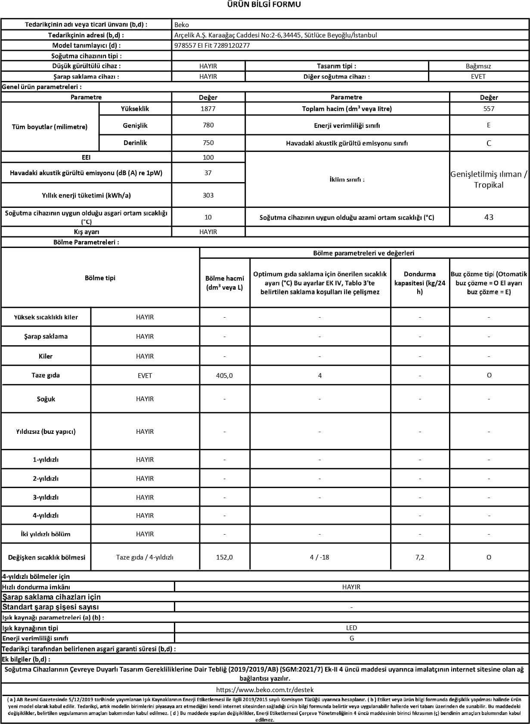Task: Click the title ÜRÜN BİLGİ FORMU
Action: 265,5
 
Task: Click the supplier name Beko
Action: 182,25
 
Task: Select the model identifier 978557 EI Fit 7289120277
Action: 212,46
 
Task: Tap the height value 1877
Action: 208,109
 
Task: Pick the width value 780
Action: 208,125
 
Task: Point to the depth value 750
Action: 208,143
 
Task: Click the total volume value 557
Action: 489,109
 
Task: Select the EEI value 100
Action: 208,158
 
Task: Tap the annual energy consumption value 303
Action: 208,195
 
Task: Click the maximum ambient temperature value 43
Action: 489,217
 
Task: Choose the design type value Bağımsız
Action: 478,66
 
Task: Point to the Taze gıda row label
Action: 46,375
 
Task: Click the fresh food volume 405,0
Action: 224,376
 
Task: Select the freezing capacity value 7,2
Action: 420,557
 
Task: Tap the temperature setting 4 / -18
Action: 319,557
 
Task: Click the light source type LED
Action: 351,628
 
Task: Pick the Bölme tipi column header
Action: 100,278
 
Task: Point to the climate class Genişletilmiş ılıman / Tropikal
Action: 489,179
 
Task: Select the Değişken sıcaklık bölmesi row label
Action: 46,557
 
